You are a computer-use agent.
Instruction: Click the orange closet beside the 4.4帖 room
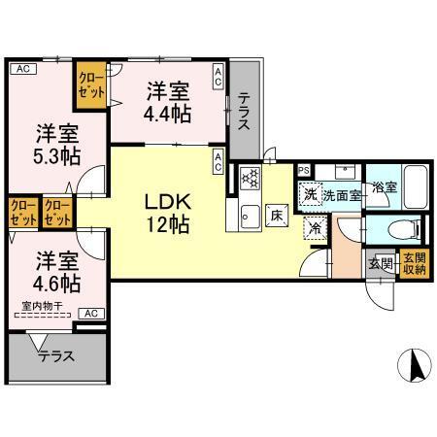click(92, 84)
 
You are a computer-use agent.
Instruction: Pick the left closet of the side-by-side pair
click(21, 213)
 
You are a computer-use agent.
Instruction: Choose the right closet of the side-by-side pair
click(55, 213)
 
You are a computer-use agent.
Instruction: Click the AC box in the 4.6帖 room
click(90, 313)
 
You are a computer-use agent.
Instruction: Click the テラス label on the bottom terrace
click(56, 356)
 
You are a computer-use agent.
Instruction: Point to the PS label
click(304, 170)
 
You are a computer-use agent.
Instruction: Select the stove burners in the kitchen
click(249, 178)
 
